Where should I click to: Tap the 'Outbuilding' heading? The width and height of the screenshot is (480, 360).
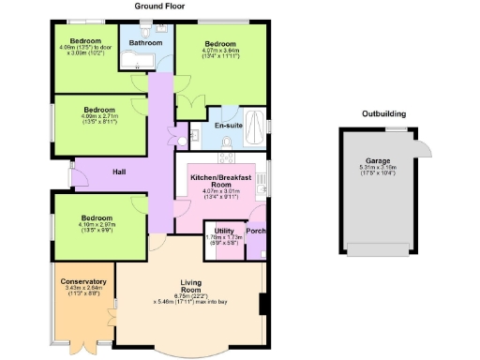pos(384,113)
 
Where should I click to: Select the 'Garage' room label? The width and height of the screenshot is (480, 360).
pos(379,161)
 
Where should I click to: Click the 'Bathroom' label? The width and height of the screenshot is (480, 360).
pos(146,43)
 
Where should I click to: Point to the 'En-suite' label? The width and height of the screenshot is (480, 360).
pos(229,125)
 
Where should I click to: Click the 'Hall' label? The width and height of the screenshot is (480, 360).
pos(120,172)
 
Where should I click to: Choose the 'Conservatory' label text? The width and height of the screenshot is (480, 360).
pos(83,282)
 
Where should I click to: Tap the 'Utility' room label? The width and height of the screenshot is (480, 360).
pos(223,230)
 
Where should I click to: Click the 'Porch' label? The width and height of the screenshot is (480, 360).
pos(255,231)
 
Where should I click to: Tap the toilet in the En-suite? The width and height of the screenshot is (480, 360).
pos(226,142)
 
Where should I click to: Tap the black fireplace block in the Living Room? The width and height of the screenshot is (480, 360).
pos(264,305)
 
